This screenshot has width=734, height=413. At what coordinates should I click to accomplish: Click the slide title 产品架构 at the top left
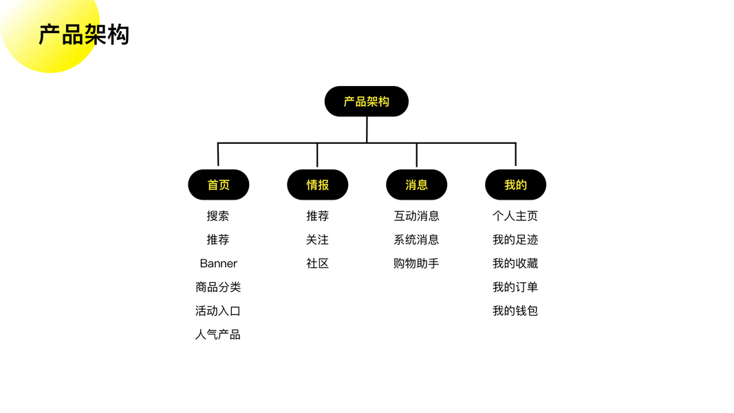click(84, 34)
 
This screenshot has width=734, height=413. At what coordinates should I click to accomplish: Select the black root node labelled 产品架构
click(367, 101)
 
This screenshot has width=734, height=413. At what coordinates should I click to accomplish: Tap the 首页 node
click(218, 184)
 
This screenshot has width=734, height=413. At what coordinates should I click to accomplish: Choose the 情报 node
click(317, 184)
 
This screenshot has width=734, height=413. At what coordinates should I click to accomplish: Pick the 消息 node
click(416, 184)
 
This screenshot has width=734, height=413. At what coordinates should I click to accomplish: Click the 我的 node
click(515, 184)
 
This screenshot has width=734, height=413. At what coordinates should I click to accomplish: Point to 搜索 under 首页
click(218, 216)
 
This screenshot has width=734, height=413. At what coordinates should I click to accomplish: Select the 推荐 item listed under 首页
click(218, 240)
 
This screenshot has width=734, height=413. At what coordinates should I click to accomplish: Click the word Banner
click(218, 264)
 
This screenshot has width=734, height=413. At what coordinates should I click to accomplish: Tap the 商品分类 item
click(218, 287)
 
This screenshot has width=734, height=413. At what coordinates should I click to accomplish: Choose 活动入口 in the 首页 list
click(218, 311)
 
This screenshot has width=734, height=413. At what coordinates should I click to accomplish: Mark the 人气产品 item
click(218, 335)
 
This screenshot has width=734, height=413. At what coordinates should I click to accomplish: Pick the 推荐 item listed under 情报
click(317, 216)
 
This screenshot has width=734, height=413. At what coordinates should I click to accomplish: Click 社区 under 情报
click(317, 264)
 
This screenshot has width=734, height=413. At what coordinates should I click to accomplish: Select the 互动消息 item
click(416, 216)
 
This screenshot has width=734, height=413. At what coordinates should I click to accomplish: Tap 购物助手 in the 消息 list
click(416, 264)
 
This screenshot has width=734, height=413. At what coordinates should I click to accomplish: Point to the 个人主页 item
click(515, 216)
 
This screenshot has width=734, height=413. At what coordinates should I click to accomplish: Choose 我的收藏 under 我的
click(515, 264)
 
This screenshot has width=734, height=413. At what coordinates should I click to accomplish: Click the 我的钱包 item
click(515, 311)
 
